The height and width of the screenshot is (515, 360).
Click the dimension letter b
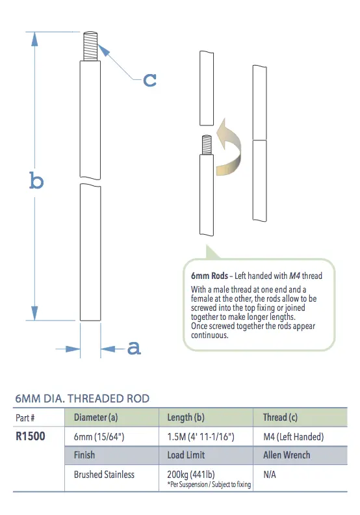coord(36,180)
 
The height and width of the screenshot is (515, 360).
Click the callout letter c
coord(149,79)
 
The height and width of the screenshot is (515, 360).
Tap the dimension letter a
coord(134,348)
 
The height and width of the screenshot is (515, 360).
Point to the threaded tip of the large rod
coord(90,46)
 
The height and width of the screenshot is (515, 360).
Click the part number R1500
coord(30,436)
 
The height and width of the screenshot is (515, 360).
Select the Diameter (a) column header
coord(96,417)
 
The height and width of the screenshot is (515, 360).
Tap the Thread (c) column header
coord(284,417)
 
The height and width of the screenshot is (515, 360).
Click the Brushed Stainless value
coord(105,475)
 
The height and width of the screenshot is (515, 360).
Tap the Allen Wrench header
coord(287,455)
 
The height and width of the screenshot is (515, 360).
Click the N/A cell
coord(270,475)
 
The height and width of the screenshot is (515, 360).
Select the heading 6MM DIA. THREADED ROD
coord(82,398)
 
